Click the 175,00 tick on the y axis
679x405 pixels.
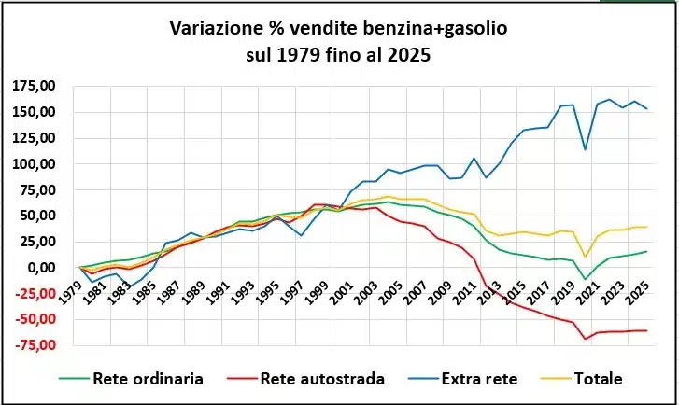tap(35, 87)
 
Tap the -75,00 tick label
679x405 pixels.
tap(35, 345)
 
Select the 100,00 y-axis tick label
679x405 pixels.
tap(35, 164)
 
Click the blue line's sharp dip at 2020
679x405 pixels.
tap(586, 149)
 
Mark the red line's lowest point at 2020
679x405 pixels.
tap(586, 338)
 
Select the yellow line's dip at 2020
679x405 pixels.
tap(586, 257)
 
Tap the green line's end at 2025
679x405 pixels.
tap(646, 251)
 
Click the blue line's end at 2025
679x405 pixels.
tap(646, 108)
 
